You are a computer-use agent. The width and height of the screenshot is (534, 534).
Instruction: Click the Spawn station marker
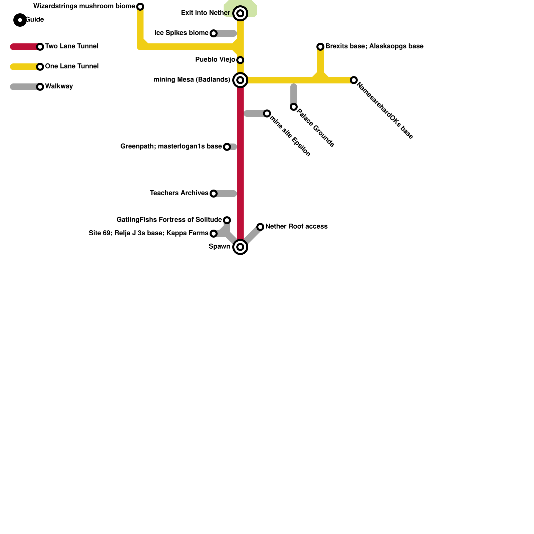click(240, 247)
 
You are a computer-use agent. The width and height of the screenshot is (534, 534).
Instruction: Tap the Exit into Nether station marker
click(240, 13)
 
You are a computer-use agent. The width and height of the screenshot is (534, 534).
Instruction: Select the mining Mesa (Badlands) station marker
click(240, 80)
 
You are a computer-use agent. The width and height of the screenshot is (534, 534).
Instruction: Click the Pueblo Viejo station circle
click(240, 60)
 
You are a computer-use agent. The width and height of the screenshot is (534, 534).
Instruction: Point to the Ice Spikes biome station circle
click(214, 33)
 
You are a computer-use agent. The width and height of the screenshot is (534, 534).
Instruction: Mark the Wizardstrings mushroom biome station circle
click(140, 7)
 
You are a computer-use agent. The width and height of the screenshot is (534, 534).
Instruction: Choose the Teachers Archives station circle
click(214, 194)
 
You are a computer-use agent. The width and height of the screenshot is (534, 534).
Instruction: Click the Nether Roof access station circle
click(260, 227)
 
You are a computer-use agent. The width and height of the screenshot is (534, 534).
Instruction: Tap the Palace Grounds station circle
click(294, 107)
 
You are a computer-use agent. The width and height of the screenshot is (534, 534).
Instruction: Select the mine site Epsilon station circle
click(267, 113)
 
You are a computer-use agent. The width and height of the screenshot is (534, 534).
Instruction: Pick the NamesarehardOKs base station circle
click(354, 80)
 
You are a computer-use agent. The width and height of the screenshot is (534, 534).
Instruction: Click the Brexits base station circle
click(320, 47)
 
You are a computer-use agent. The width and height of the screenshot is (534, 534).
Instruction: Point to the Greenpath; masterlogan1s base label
click(171, 147)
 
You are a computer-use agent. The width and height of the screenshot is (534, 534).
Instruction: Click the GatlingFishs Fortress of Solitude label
click(169, 220)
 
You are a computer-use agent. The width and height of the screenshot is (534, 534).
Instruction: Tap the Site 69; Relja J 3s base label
click(148, 233)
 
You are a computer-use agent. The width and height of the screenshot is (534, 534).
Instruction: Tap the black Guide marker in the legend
click(20, 20)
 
